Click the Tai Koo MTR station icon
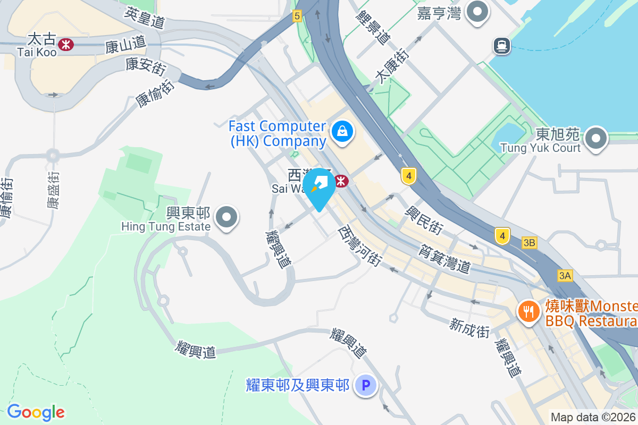(x=66, y=45)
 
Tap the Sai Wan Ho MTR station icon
(x=341, y=181)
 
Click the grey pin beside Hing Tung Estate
(x=228, y=217)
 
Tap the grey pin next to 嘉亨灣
(x=477, y=11)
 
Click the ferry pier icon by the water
(x=501, y=46)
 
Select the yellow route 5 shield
(x=297, y=16)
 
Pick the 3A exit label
(x=565, y=275)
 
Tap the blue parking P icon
(x=366, y=385)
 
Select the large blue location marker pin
(x=319, y=186)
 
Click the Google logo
(x=36, y=412)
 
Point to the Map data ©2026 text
(x=593, y=417)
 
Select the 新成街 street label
(x=469, y=328)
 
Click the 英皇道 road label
(x=145, y=18)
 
